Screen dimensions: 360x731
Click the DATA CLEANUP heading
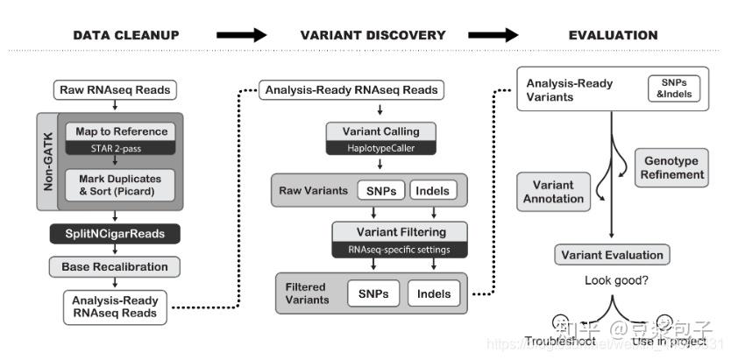point(125,36)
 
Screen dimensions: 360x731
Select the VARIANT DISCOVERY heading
point(373,36)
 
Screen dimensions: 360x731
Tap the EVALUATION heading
point(613,36)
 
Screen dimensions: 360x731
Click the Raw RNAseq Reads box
point(115,90)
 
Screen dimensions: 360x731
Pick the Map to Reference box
point(121,131)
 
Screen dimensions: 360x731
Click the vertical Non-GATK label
point(47,161)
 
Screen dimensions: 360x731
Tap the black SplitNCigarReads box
point(115,233)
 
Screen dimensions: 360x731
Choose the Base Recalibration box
point(115,265)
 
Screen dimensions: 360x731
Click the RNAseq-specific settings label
point(399,249)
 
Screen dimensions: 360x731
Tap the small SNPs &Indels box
point(674,88)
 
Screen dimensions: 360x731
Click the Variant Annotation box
point(553,191)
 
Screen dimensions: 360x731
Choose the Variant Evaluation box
point(612,255)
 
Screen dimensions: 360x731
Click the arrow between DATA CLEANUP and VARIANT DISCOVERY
point(240,36)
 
